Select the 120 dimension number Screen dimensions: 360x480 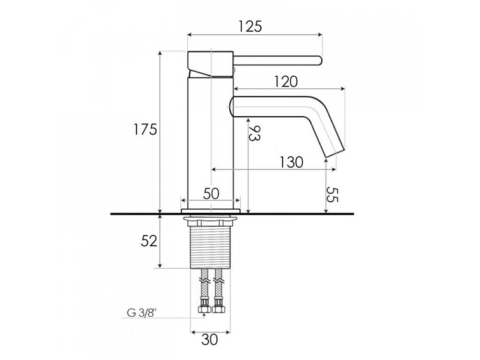pos(286,81)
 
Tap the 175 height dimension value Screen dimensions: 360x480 pos(145,130)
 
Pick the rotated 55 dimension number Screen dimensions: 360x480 pos(331,194)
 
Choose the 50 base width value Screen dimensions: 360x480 pos(211,194)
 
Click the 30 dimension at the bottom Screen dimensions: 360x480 pos(210,339)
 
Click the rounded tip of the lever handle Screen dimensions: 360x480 pos(319,62)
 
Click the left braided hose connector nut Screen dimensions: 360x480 pos(204,310)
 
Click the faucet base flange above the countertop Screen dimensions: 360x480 pos(211,209)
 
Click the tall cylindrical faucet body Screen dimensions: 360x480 pos(211,140)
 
